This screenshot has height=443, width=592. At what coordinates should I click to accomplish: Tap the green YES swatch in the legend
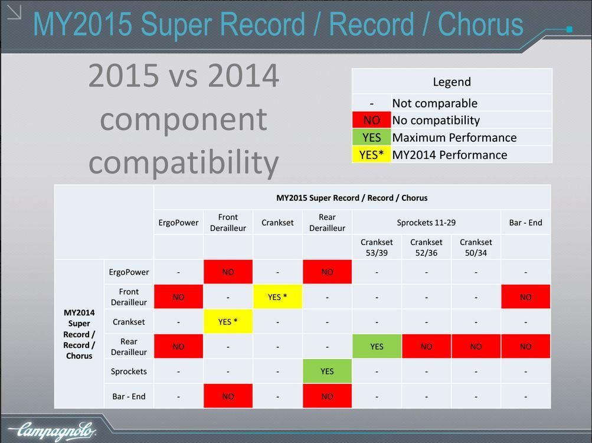pyautogui.click(x=371, y=138)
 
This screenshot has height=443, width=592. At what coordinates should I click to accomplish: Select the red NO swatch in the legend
pyautogui.click(x=371, y=120)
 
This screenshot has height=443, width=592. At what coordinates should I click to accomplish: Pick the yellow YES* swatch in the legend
pyautogui.click(x=371, y=155)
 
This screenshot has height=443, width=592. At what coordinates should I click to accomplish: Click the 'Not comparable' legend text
pyautogui.click(x=434, y=103)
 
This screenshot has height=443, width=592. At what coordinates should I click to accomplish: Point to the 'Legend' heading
pyautogui.click(x=452, y=82)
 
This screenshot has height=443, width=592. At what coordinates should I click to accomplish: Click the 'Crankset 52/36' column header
pyautogui.click(x=426, y=247)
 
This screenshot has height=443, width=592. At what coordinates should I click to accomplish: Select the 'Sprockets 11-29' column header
pyautogui.click(x=426, y=223)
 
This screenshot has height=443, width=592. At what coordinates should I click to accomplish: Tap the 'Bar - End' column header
pyautogui.click(x=525, y=223)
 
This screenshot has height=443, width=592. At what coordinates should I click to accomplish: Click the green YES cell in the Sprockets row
pyautogui.click(x=327, y=371)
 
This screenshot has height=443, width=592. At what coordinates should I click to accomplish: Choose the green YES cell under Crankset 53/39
pyautogui.click(x=377, y=346)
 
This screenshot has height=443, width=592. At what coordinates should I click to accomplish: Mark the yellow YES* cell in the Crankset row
pyautogui.click(x=228, y=322)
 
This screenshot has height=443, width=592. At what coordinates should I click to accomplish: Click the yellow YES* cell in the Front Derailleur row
pyautogui.click(x=277, y=297)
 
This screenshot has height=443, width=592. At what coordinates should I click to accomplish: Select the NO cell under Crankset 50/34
pyautogui.click(x=476, y=346)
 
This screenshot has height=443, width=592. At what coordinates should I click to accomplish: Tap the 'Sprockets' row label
pyautogui.click(x=129, y=371)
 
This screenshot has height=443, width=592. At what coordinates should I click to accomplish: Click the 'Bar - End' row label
pyautogui.click(x=129, y=396)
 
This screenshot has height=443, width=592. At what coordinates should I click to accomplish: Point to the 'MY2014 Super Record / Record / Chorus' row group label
pyautogui.click(x=79, y=334)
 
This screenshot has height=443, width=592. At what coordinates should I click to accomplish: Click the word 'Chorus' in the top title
pyautogui.click(x=480, y=24)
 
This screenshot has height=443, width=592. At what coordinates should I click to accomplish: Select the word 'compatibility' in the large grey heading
pyautogui.click(x=184, y=162)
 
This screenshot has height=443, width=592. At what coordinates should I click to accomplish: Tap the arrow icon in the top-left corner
pyautogui.click(x=14, y=12)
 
